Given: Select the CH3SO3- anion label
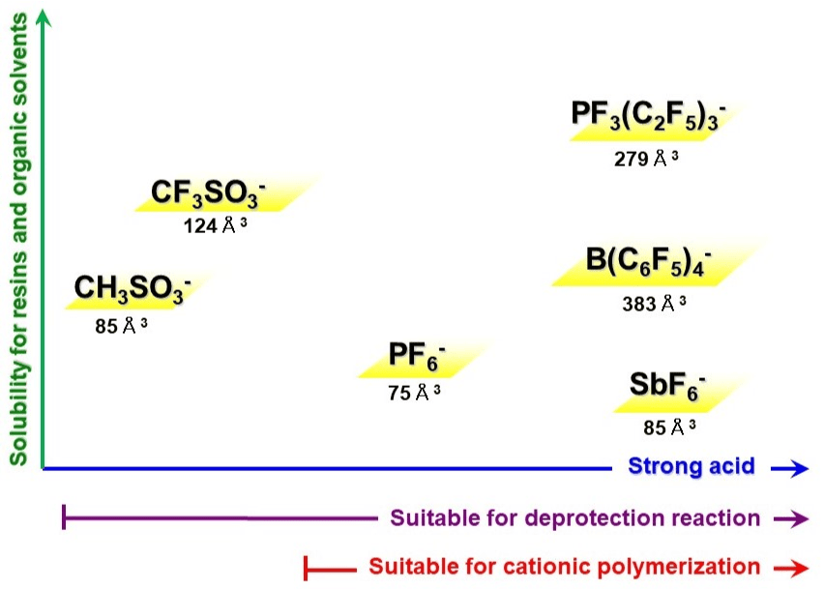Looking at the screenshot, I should tap(132, 288).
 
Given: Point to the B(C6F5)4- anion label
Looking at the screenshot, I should tap(648, 262).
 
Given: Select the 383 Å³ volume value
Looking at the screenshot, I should tap(654, 304).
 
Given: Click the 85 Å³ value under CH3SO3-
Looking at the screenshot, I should tap(121, 325).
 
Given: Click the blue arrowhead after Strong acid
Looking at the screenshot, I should tap(796, 469).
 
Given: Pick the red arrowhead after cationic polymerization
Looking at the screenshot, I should tap(795, 568).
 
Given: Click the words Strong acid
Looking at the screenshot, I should tap(692, 466).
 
